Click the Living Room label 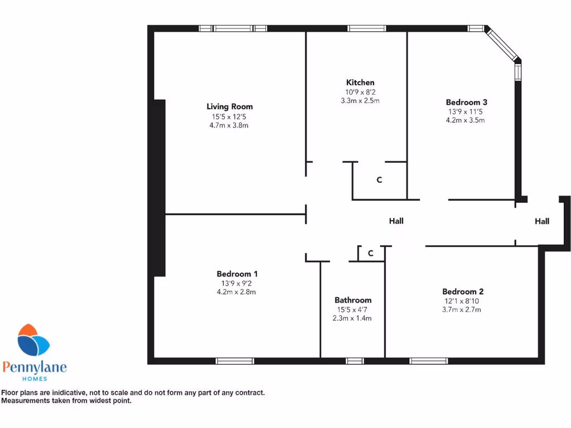pyautogui.click(x=229, y=106)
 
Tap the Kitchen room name pyautogui.click(x=360, y=82)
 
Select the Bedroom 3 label pyautogui.click(x=467, y=102)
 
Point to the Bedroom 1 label pyautogui.click(x=237, y=274)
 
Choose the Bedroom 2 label pyautogui.click(x=463, y=291)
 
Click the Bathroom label pyautogui.click(x=353, y=300)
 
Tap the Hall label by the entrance pyautogui.click(x=542, y=221)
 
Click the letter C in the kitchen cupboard pyautogui.click(x=379, y=180)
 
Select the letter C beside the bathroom pyautogui.click(x=370, y=254)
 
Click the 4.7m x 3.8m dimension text pyautogui.click(x=229, y=125)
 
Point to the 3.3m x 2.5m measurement pyautogui.click(x=360, y=101)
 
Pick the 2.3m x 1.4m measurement pyautogui.click(x=353, y=318)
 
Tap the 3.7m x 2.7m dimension pyautogui.click(x=463, y=310)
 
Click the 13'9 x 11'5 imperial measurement pyautogui.click(x=467, y=111)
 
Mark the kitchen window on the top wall pyautogui.click(x=366, y=28)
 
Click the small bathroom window pyautogui.click(x=355, y=361)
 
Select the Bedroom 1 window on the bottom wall pyautogui.click(x=235, y=361)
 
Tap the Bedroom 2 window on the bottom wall pyautogui.click(x=428, y=361)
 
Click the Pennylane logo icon pyautogui.click(x=33, y=341)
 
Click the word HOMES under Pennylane pyautogui.click(x=34, y=379)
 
